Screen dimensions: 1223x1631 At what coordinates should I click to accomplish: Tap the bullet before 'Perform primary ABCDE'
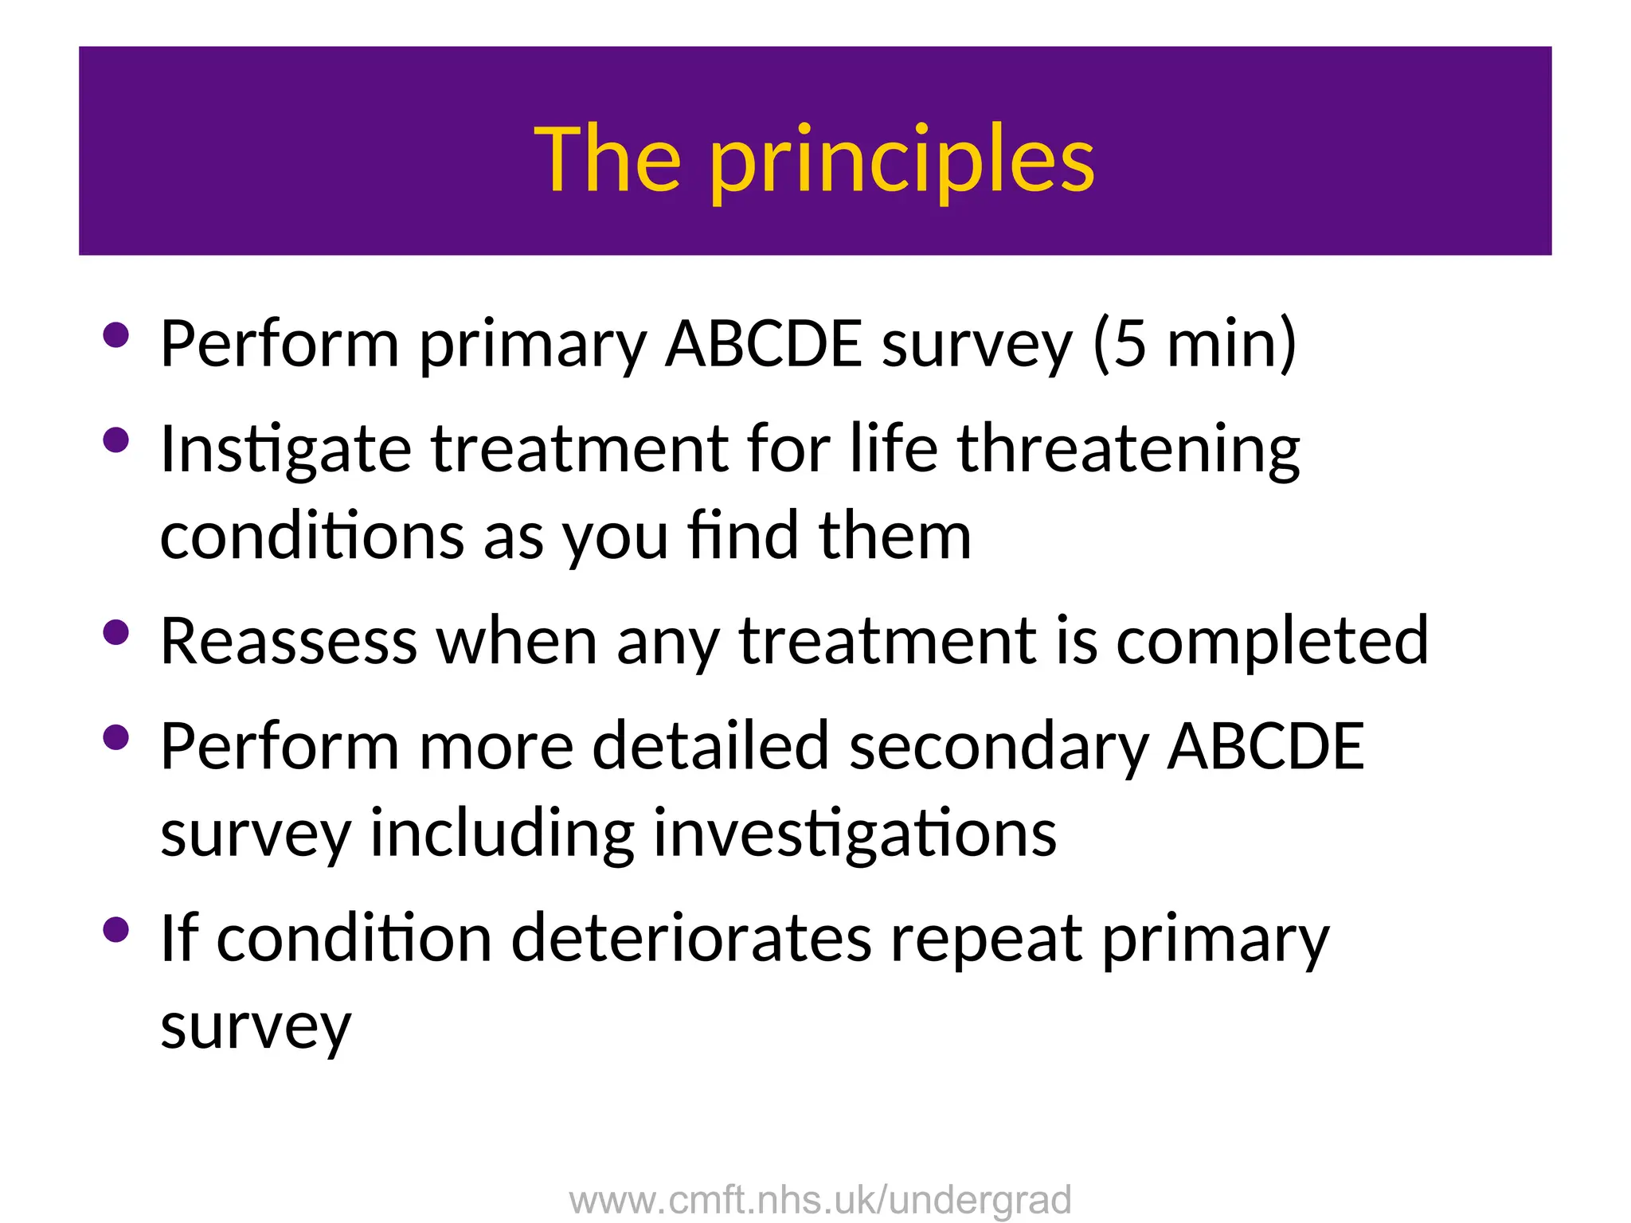coord(116,334)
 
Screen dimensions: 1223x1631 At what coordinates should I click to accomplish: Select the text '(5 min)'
coord(1195,344)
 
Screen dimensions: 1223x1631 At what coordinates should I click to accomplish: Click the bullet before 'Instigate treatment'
coord(116,440)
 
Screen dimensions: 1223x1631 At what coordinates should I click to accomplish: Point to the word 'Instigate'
coord(285,450)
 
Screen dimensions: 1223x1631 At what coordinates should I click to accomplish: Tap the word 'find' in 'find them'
coord(743,535)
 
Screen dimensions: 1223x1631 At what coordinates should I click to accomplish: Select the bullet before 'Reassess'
coord(116,632)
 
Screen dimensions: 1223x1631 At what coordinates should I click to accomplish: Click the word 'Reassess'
coord(288,641)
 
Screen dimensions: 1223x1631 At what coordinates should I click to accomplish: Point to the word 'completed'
coord(1272,643)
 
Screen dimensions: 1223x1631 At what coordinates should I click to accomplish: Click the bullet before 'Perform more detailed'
coord(116,737)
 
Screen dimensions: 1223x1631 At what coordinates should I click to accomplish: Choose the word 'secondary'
coord(999,747)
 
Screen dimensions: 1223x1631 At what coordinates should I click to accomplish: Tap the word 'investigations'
coord(855,834)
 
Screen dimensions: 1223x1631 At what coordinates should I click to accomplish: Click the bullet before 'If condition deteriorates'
coord(116,929)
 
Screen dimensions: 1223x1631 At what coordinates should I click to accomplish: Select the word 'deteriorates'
coord(690,939)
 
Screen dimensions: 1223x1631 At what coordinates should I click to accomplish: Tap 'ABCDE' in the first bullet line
coord(763,344)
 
